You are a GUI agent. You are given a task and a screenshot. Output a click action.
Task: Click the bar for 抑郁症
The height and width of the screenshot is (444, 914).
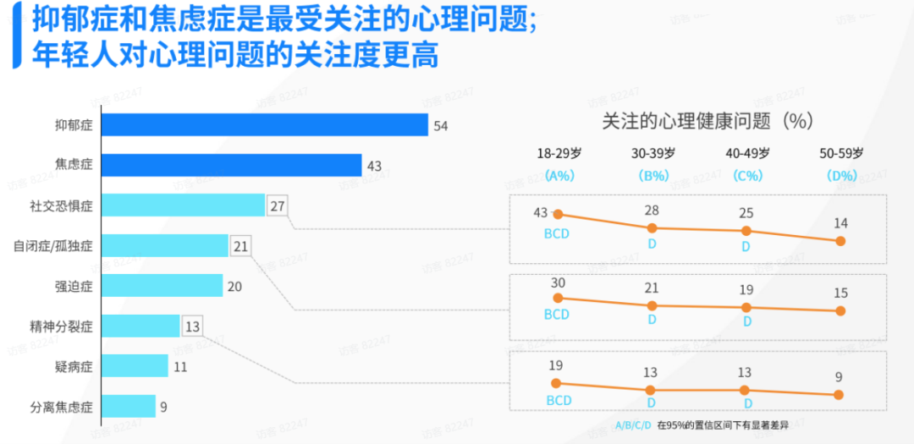(264, 125)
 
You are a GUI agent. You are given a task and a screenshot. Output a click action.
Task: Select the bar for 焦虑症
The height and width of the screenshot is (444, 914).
(231, 166)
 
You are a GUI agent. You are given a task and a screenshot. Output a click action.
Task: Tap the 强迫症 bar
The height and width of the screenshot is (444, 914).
(162, 286)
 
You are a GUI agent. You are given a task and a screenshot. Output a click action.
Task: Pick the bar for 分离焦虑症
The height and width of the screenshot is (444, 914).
(129, 407)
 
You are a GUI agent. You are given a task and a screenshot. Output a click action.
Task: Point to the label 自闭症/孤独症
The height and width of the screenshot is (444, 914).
(52, 246)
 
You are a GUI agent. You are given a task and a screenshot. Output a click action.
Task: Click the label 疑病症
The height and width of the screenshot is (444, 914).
(73, 366)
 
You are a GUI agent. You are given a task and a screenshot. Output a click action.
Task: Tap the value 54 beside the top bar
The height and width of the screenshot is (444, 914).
(440, 126)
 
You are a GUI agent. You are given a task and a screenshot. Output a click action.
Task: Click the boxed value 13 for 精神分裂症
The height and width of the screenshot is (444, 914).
(193, 326)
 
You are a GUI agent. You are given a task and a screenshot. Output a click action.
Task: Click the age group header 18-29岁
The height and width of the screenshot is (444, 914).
(559, 154)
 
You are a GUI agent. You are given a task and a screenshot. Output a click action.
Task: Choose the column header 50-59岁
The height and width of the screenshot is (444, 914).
(841, 154)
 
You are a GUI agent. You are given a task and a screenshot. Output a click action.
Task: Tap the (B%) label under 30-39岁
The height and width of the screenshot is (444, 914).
(653, 176)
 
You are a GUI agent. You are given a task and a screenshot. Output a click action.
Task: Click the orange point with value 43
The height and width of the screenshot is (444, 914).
(557, 216)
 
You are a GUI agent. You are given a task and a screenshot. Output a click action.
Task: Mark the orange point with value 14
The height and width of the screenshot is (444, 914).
(840, 241)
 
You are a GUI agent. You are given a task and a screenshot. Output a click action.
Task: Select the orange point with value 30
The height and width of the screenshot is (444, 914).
(557, 298)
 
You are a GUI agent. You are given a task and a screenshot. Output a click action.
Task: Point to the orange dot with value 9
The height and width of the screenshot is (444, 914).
(839, 394)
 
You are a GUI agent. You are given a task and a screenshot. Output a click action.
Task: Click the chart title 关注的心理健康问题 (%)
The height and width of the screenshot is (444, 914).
(707, 121)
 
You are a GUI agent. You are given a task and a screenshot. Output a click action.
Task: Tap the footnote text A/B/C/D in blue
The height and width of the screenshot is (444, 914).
(633, 425)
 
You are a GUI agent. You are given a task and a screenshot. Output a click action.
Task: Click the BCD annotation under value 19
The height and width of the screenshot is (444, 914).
(559, 400)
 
